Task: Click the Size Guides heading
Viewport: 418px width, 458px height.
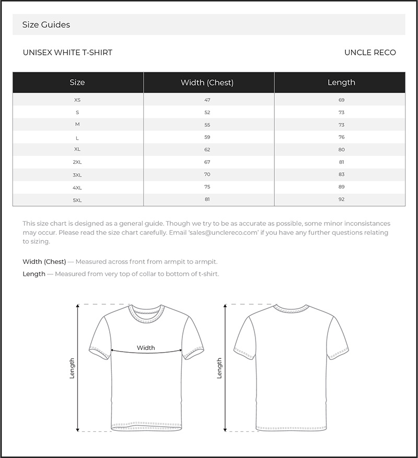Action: pos(46,25)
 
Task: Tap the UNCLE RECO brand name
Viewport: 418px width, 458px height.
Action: pos(370,52)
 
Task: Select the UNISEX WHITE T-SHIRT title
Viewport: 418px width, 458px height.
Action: pos(67,52)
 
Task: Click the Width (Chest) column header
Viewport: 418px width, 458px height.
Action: pos(207,82)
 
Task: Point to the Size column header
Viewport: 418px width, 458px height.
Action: pos(77,82)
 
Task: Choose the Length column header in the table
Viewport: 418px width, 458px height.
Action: pos(341,82)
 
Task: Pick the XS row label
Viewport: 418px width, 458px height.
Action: pos(77,100)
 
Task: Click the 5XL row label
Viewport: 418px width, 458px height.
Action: pos(77,200)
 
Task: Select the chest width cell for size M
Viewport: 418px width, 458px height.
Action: pos(207,125)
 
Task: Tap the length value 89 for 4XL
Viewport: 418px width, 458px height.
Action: pos(341,187)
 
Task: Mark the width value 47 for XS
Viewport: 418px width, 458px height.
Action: pos(207,100)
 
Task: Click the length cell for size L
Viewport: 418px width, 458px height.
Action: pos(341,137)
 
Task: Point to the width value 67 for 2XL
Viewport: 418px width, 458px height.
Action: pos(207,162)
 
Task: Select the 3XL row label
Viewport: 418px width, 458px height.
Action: pos(77,175)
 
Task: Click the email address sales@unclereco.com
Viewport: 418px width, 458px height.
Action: pos(213,233)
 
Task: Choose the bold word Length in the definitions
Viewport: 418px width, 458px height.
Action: pos(34,274)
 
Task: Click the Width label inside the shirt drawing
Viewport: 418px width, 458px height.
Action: pos(146,347)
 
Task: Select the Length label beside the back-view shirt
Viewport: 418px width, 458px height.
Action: pos(219,368)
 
